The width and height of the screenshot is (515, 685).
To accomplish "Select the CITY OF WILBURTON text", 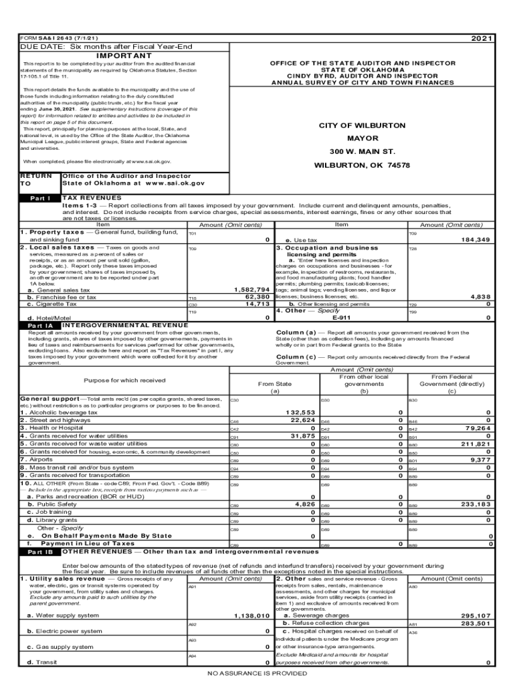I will click(362, 126).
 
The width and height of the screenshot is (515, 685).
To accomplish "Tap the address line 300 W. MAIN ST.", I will click(362, 152).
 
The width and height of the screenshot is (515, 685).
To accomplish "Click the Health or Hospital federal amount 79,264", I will click(476, 428).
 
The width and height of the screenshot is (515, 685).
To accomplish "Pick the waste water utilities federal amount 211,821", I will click(476, 444).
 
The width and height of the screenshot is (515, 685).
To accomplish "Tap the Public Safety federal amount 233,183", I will click(476, 504).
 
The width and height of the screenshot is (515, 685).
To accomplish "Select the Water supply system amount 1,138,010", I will click(251, 615).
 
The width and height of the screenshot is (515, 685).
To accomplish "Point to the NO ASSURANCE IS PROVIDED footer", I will click(257, 674).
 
